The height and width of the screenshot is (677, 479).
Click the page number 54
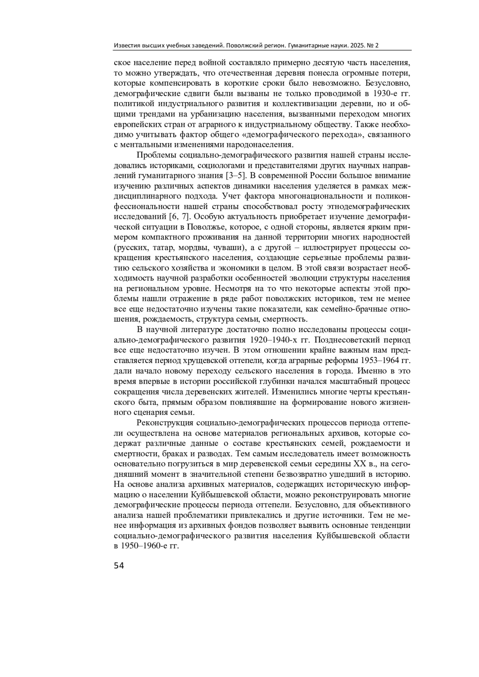click(119, 566)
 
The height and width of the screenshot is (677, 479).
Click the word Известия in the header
click(126, 45)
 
